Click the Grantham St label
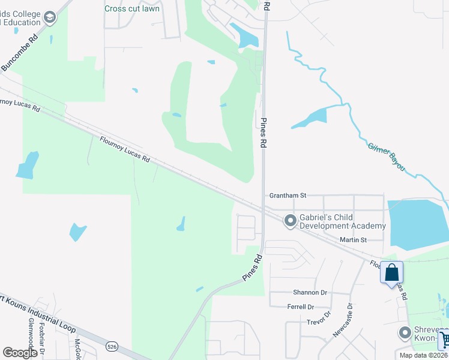pyautogui.click(x=288, y=196)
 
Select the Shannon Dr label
pyautogui.click(x=310, y=293)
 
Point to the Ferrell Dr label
pyautogui.click(x=301, y=307)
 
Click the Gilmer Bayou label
pyautogui.click(x=386, y=155)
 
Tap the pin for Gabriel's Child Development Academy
pyautogui.click(x=291, y=221)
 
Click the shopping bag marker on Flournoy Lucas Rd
pyautogui.click(x=391, y=273)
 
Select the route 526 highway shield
pyautogui.click(x=111, y=346)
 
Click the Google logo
pyautogui.click(x=20, y=353)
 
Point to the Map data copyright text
pyautogui.click(x=424, y=355)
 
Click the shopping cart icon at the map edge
pyautogui.click(x=444, y=340)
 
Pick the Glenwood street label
pyautogui.click(x=31, y=334)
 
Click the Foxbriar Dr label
pyautogui.click(x=42, y=336)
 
